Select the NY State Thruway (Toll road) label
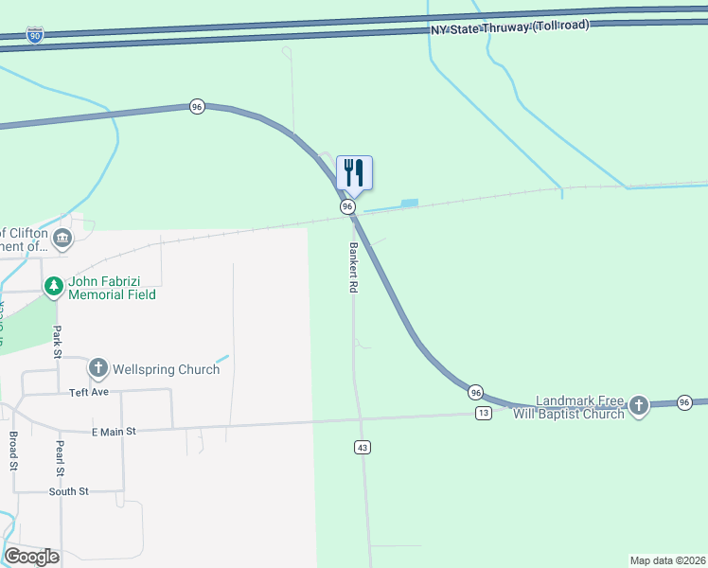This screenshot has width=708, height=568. pyautogui.click(x=510, y=27)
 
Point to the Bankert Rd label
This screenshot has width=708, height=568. pyautogui.click(x=352, y=268)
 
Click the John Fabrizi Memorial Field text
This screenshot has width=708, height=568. pyautogui.click(x=112, y=288)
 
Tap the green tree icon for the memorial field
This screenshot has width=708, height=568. pyautogui.click(x=55, y=285)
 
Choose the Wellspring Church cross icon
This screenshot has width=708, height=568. pyautogui.click(x=98, y=368)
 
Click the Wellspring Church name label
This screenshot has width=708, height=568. pyautogui.click(x=166, y=369)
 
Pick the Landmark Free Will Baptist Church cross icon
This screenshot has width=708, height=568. pyautogui.click(x=639, y=406)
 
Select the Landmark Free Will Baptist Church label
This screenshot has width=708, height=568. pyautogui.click(x=569, y=407)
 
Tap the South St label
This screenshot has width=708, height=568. pyautogui.click(x=69, y=491)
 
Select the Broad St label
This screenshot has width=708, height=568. pyautogui.click(x=13, y=453)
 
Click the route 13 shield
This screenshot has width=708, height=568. pyautogui.click(x=484, y=413)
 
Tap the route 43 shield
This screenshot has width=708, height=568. pyautogui.click(x=362, y=447)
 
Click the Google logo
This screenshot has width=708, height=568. pyautogui.click(x=31, y=557)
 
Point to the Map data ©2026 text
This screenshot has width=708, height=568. pyautogui.click(x=667, y=559)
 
